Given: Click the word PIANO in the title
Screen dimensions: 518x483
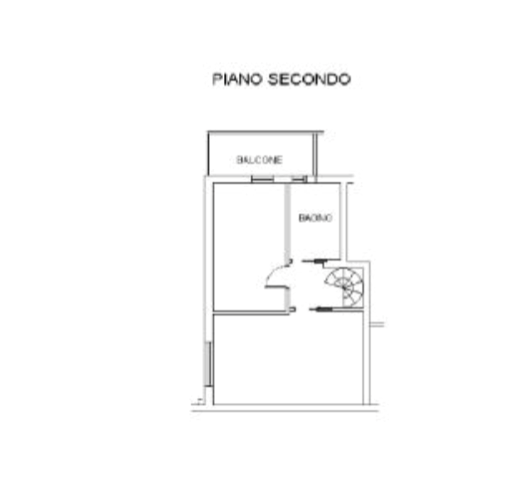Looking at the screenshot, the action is coord(237,79).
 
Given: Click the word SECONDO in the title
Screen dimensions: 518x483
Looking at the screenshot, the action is coord(309,79).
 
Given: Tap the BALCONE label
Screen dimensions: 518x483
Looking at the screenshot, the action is coord(259,160).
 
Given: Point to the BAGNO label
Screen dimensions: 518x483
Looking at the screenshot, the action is coord(315,218).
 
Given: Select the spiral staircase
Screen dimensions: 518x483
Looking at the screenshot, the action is coord(344,287).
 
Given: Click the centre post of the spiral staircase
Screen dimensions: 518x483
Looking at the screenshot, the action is coord(345,288).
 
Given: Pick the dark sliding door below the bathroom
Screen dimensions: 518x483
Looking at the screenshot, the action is coord(314,261).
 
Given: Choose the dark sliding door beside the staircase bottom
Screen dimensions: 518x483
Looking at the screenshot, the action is coord(321,309).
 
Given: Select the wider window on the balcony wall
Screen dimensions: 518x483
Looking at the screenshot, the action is coord(262,179).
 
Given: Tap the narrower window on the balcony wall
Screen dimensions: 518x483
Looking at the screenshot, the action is coord(300,179).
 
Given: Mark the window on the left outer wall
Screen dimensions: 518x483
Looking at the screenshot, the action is coord(208,364).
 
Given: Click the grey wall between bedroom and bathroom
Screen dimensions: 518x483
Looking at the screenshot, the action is coord(287,222).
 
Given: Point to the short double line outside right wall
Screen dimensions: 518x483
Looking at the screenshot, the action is coord(377,324).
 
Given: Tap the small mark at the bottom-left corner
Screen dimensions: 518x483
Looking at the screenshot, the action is coord(199,401).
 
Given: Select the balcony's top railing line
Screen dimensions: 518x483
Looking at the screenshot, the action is coord(266,132).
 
